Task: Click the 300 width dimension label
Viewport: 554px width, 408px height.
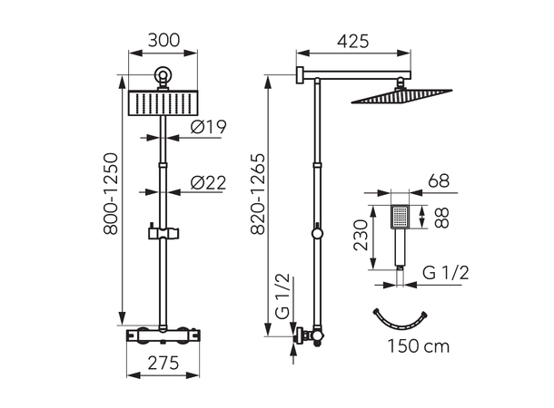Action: [x=163, y=40]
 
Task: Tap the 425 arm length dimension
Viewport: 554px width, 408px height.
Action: [x=352, y=42]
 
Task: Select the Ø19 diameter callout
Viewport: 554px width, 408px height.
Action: [x=209, y=127]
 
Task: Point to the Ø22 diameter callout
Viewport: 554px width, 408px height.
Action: [x=209, y=182]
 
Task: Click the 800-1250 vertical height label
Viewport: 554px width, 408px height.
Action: [x=111, y=194]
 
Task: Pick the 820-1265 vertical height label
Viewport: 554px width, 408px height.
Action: [x=258, y=194]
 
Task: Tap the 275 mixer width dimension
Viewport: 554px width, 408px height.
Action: [x=163, y=363]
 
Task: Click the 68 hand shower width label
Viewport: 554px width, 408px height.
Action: [x=439, y=181]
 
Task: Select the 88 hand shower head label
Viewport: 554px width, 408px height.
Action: [x=441, y=218]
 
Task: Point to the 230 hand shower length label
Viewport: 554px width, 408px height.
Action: [x=361, y=235]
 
